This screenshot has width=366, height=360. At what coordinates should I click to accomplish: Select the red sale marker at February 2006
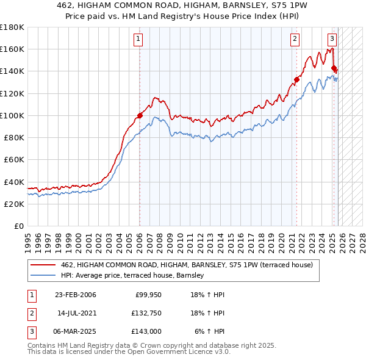[140, 115]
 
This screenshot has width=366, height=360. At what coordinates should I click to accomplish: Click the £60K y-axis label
[14, 160]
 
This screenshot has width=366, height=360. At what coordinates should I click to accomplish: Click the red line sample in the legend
[43, 265]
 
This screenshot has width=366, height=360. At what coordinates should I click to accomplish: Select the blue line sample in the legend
[43, 276]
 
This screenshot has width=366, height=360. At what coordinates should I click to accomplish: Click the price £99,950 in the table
[147, 295]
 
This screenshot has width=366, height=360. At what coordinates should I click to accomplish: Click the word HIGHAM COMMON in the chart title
[149, 6]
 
